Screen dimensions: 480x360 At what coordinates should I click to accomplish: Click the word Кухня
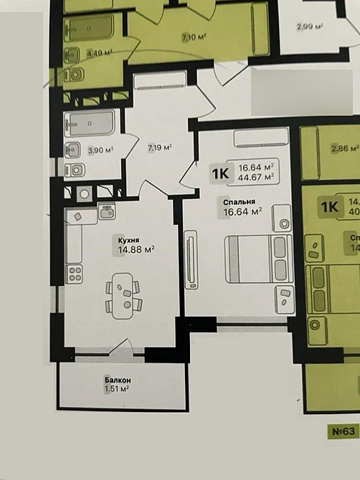point(129,240)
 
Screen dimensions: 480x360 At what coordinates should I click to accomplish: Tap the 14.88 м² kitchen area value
point(136,250)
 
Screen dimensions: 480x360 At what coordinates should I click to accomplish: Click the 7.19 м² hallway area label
point(159,148)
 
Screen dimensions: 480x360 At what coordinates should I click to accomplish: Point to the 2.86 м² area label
point(344,149)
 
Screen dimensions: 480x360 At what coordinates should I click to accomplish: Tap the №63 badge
point(344,431)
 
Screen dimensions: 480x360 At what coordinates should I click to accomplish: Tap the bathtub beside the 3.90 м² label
point(90,124)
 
